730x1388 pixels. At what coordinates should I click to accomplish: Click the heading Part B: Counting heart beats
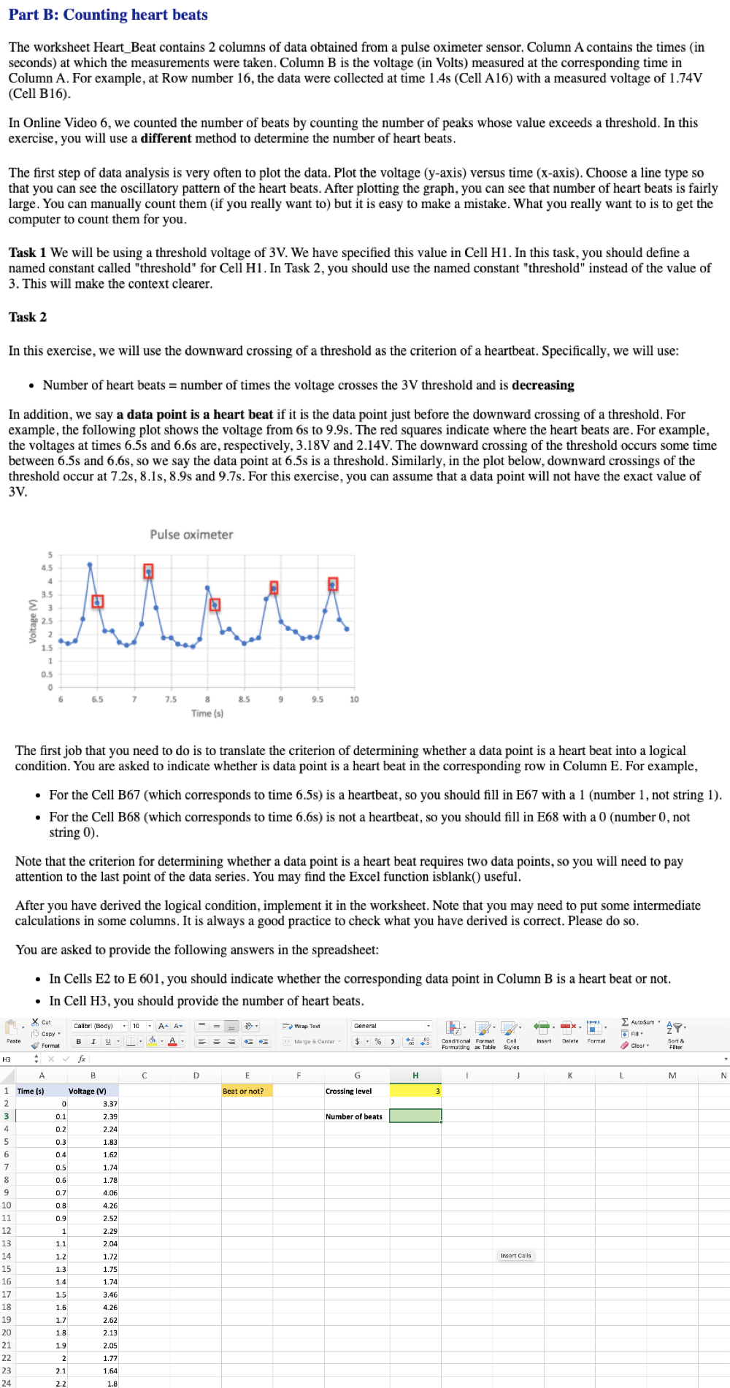[x=108, y=15]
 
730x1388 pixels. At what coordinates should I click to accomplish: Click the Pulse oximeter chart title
[x=191, y=534]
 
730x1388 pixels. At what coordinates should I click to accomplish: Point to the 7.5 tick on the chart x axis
[x=170, y=699]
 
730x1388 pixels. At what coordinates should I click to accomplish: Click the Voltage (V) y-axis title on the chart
[x=32, y=621]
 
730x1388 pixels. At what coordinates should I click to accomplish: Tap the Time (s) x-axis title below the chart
[x=207, y=713]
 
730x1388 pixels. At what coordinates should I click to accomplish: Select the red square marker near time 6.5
[x=97, y=601]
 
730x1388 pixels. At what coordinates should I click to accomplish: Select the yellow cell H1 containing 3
[x=415, y=1091]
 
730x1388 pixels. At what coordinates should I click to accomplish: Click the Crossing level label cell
[x=349, y=1091]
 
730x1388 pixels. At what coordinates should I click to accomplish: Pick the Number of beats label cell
[x=354, y=1116]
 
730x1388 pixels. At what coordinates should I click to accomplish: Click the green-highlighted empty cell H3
[x=415, y=1116]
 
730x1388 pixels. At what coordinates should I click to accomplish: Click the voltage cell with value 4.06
[x=93, y=1193]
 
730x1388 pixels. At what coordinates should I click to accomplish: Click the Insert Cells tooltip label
[x=516, y=1256]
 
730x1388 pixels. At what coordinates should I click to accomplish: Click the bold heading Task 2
[x=28, y=317]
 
